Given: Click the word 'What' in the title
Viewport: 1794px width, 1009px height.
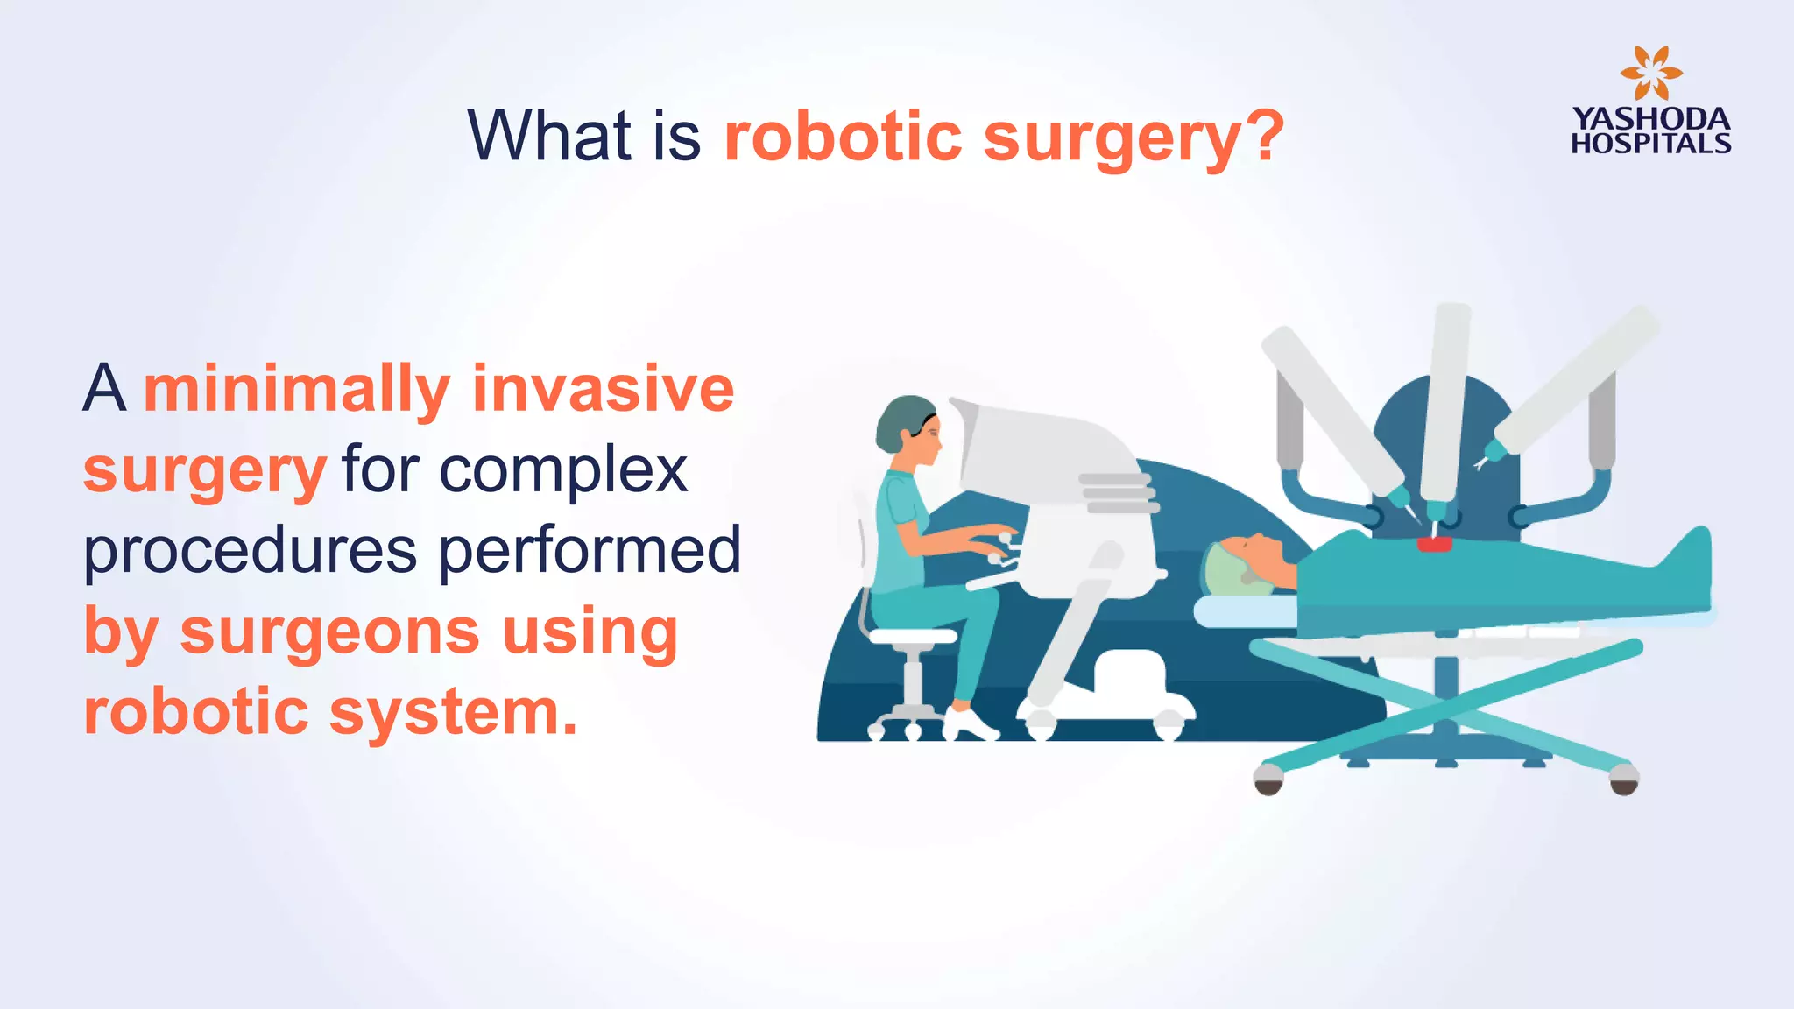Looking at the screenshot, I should pyautogui.click(x=549, y=136).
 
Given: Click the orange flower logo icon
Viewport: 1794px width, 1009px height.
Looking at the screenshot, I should pyautogui.click(x=1650, y=74).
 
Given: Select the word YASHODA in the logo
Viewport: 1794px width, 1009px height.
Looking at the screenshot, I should pyautogui.click(x=1650, y=119).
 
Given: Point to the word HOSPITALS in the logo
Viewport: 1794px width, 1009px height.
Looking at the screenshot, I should pyautogui.click(x=1650, y=144).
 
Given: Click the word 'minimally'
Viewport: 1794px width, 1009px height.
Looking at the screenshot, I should pyautogui.click(x=297, y=390).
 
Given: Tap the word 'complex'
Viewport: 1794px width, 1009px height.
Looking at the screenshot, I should pyautogui.click(x=562, y=471).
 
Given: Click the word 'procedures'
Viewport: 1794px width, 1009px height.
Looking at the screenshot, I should pyautogui.click(x=251, y=552).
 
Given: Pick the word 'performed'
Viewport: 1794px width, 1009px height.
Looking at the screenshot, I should pyautogui.click(x=590, y=552).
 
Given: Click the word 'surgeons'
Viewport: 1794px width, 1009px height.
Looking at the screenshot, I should pyautogui.click(x=329, y=632).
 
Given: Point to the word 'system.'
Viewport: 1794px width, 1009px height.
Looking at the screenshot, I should pyautogui.click(x=453, y=711).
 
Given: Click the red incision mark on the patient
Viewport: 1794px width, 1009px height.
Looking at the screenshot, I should pyautogui.click(x=1434, y=545).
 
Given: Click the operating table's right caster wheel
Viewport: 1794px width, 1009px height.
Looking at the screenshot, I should pyautogui.click(x=1624, y=779).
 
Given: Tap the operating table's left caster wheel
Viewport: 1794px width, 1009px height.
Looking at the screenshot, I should pyautogui.click(x=1268, y=779).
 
